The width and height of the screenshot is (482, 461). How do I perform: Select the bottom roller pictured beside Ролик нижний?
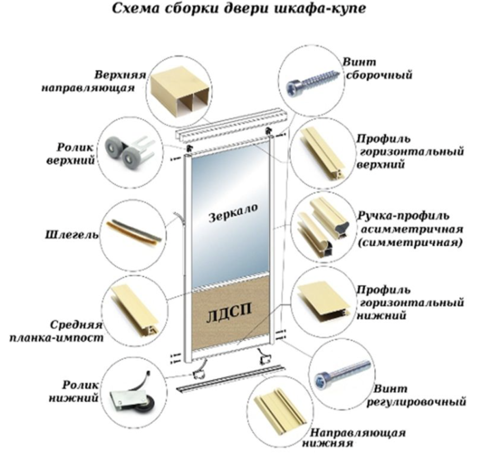[129, 397]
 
